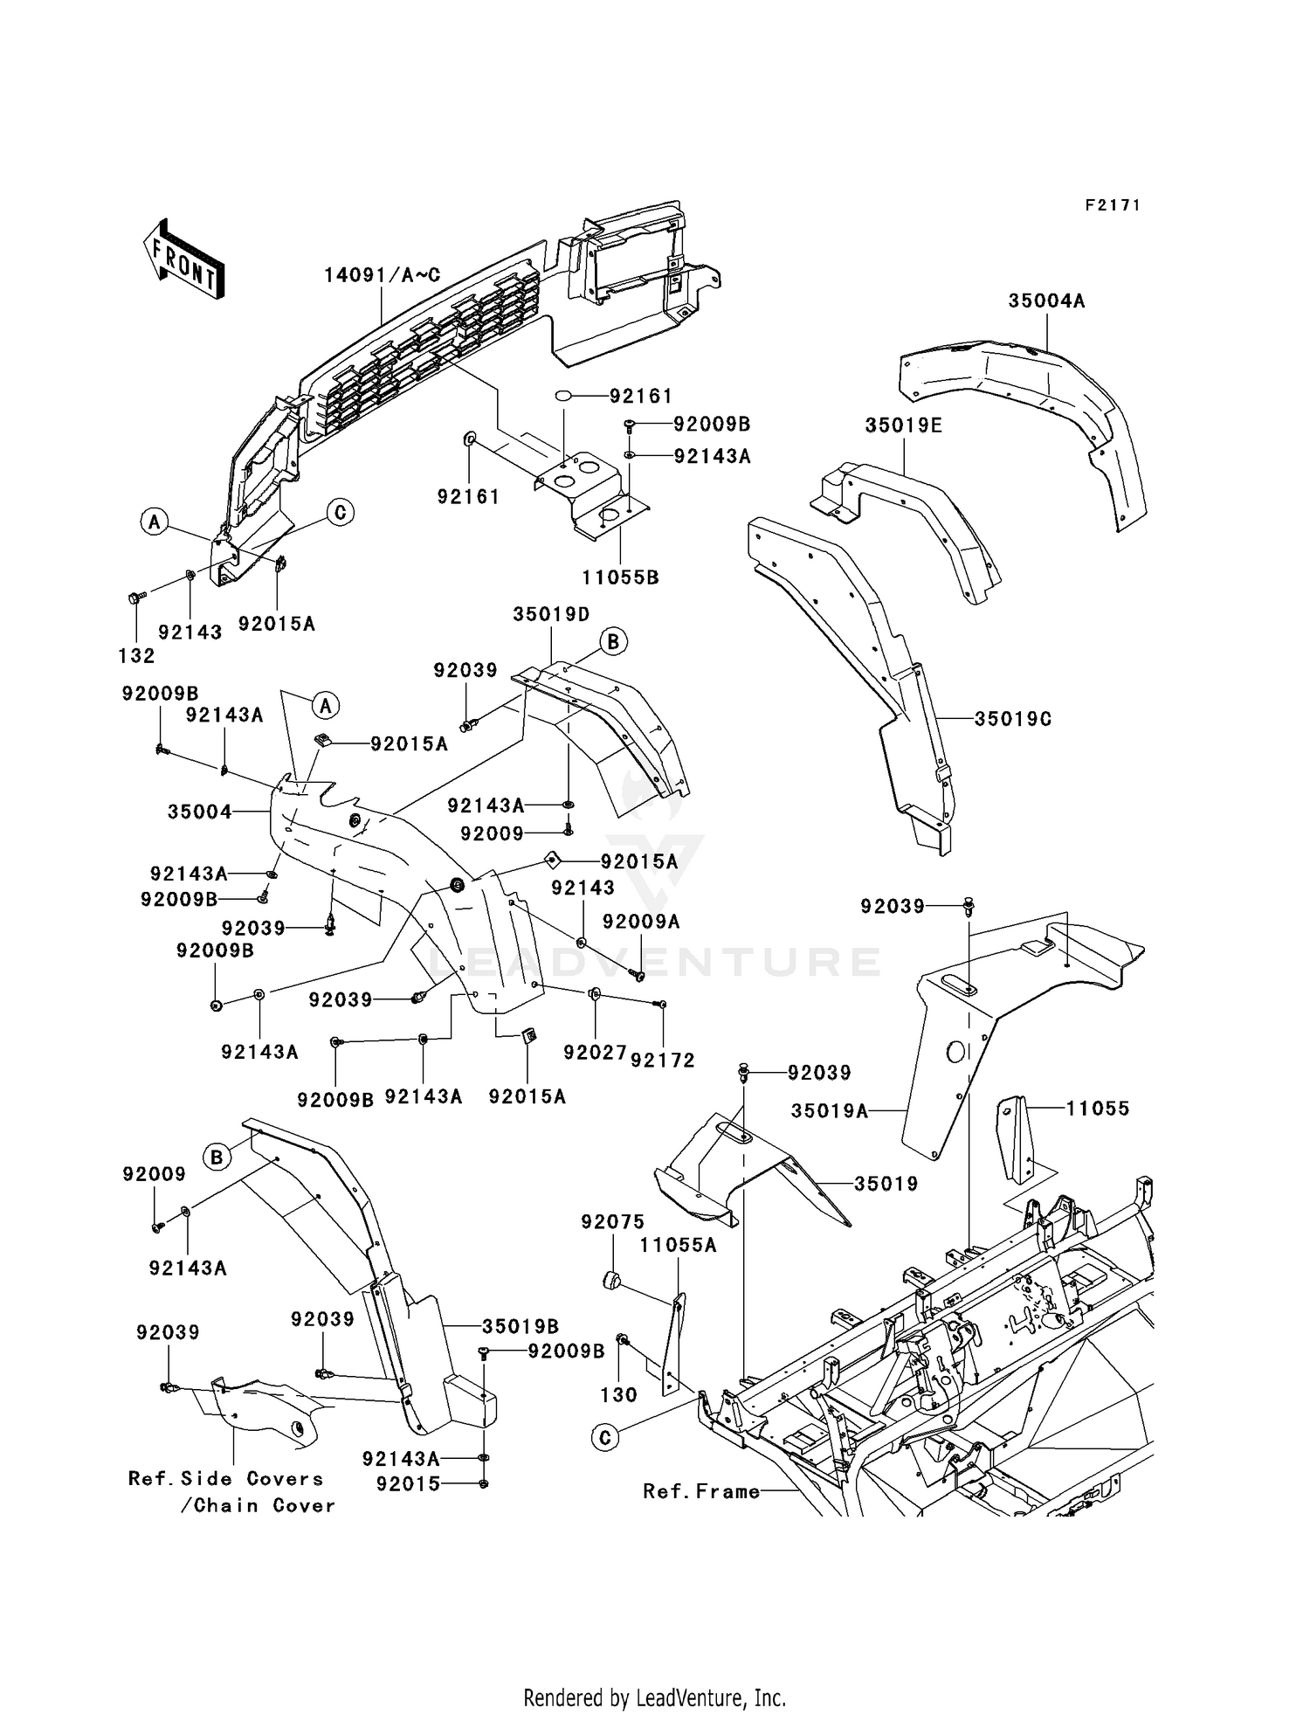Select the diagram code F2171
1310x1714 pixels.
pos(1113,205)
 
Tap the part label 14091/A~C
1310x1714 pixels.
pos(383,274)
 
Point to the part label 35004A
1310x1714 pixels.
pos(1046,301)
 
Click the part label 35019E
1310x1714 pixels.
pos(904,425)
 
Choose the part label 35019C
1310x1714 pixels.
pos(1013,719)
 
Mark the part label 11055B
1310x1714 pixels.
pos(621,577)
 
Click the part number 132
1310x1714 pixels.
pos(137,655)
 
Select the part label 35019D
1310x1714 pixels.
pos(551,613)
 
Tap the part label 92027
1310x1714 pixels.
pos(596,1053)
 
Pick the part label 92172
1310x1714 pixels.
pos(663,1060)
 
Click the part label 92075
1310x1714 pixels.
pos(613,1222)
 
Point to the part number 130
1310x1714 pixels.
pos(619,1395)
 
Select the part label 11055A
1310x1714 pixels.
pos(678,1245)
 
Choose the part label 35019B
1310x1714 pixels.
pos(521,1326)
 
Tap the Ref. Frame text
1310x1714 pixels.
pos(701,1491)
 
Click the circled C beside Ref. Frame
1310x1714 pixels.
pos(605,1437)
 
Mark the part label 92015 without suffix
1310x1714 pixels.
pos(409,1483)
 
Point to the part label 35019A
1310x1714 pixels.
pos(830,1110)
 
